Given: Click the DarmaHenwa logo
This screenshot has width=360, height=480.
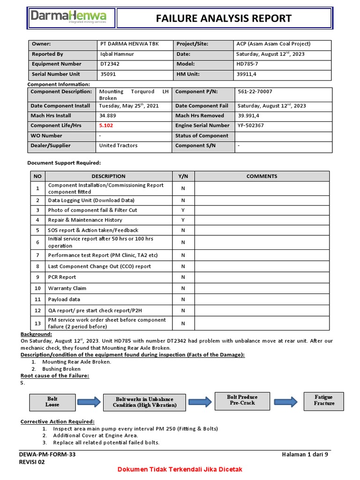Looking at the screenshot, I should pos(68,18).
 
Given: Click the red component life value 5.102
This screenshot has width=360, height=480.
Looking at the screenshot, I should pos(106,126).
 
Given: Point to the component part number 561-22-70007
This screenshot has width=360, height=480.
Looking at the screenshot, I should pos(255,92).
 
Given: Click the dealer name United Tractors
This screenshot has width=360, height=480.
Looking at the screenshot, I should pos(119,146).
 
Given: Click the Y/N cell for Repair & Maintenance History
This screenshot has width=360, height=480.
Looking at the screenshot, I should pos(183,220).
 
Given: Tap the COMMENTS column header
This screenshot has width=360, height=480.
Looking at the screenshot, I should pos(262,176).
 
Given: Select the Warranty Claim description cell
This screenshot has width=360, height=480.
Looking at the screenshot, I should pos(67,288).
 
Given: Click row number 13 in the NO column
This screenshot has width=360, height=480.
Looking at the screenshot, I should pos(37,323).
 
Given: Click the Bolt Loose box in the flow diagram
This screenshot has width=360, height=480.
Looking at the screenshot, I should pos(52,402).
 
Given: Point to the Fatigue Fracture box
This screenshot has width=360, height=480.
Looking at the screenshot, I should pos(324,400).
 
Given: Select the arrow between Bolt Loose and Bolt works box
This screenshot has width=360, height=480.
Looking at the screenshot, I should pos(89,402).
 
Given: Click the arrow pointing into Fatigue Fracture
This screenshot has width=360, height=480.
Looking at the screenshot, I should pos(286,401).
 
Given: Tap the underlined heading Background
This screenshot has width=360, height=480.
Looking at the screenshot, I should pos(36,334).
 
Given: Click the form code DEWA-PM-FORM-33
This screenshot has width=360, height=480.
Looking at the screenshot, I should pos(47,455).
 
